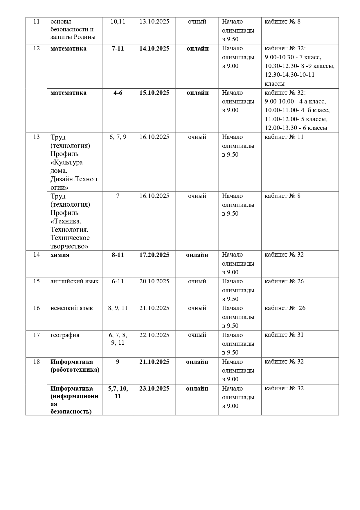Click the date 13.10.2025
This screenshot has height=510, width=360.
tap(154, 22)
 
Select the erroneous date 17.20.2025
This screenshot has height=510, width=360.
tap(154, 255)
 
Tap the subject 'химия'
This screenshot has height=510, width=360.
tap(60, 255)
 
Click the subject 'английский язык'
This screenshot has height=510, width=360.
tap(74, 282)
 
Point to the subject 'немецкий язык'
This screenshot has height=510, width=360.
tap(72, 308)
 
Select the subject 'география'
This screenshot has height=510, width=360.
tap(65, 335)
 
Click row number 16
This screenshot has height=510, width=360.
tap(36, 308)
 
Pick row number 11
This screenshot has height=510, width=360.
tap(36, 22)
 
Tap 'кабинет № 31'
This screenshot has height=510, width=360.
tap(284, 335)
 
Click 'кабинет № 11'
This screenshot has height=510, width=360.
tap(284, 137)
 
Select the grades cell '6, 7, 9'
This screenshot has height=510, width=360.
tap(118, 137)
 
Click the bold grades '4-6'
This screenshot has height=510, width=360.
tap(118, 93)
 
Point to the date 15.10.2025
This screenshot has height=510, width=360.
tap(154, 93)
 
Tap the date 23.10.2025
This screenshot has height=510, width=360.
tap(154, 389)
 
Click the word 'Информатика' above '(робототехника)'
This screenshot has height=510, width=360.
tap(72, 362)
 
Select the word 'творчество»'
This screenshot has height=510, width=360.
tap(69, 246)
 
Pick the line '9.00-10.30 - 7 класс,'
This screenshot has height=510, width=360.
tap(293, 58)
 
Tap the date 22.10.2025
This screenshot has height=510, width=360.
tap(154, 335)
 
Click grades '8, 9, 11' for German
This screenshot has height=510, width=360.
tap(118, 308)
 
